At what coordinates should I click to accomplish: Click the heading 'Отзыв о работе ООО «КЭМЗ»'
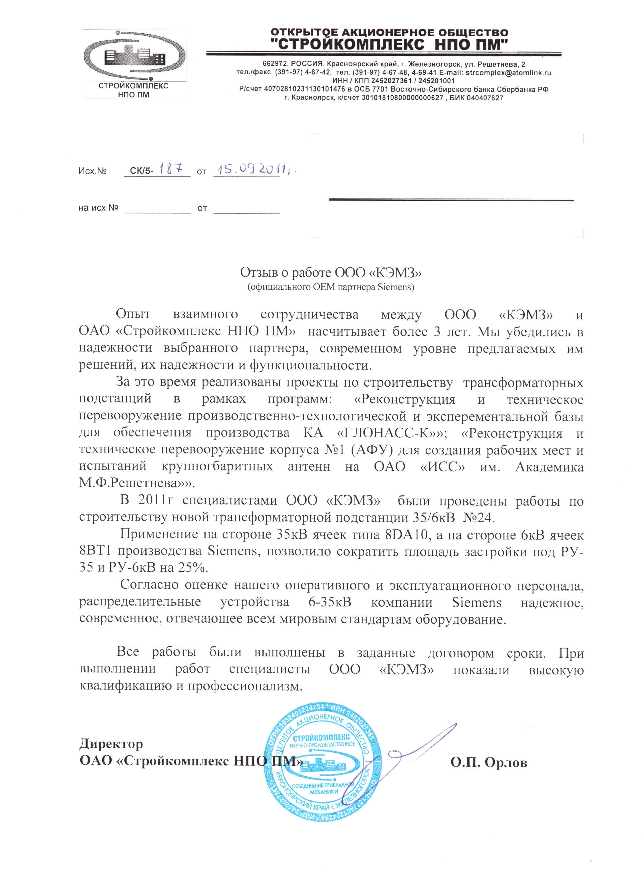pos(331,272)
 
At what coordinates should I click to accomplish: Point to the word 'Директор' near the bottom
pos(111,744)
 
